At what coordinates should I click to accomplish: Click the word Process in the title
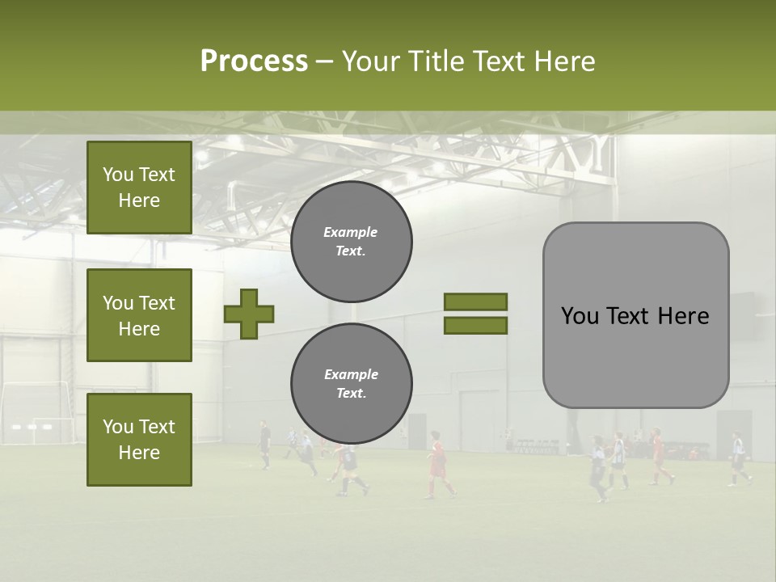254,61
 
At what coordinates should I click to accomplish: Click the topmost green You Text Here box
139,188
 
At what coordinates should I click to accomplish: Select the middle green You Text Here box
139,315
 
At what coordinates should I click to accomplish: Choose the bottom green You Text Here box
139,439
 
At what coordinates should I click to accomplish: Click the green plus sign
249,314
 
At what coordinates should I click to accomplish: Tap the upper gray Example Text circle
352,242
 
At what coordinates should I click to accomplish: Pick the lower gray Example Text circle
352,384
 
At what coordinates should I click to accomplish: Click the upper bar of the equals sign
475,302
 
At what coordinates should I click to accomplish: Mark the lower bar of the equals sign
475,325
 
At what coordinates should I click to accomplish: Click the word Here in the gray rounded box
683,315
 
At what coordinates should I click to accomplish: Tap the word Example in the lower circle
351,374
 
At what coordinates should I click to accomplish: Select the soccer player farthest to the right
738,459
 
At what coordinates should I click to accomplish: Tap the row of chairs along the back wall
538,446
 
